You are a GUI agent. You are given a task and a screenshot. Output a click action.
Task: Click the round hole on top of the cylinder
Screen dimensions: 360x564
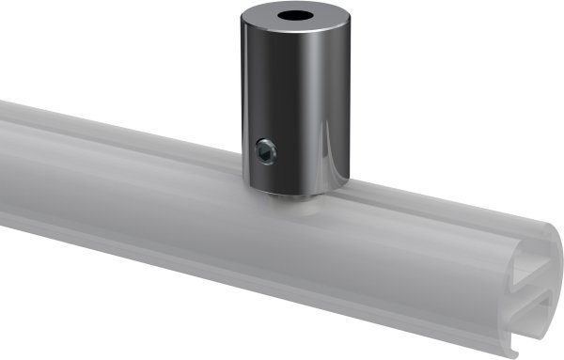coord(294,18)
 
